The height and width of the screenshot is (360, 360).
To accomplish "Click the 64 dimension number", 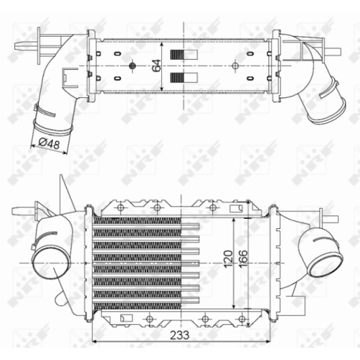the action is click(x=158, y=66).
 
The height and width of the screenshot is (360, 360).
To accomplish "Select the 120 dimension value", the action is click(x=228, y=259).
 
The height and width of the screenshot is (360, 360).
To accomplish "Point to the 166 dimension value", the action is click(x=243, y=259).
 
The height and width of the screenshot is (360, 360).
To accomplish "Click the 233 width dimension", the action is click(x=179, y=335).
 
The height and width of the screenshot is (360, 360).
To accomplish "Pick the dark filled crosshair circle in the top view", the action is click(x=132, y=66).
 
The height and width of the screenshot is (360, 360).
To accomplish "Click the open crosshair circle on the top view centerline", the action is click(x=235, y=66).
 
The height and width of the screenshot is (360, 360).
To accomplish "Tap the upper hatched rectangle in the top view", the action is click(x=184, y=55).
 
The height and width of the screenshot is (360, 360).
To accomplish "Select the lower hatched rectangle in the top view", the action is click(x=184, y=78).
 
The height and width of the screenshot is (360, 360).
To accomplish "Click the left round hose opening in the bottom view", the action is click(x=50, y=263).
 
